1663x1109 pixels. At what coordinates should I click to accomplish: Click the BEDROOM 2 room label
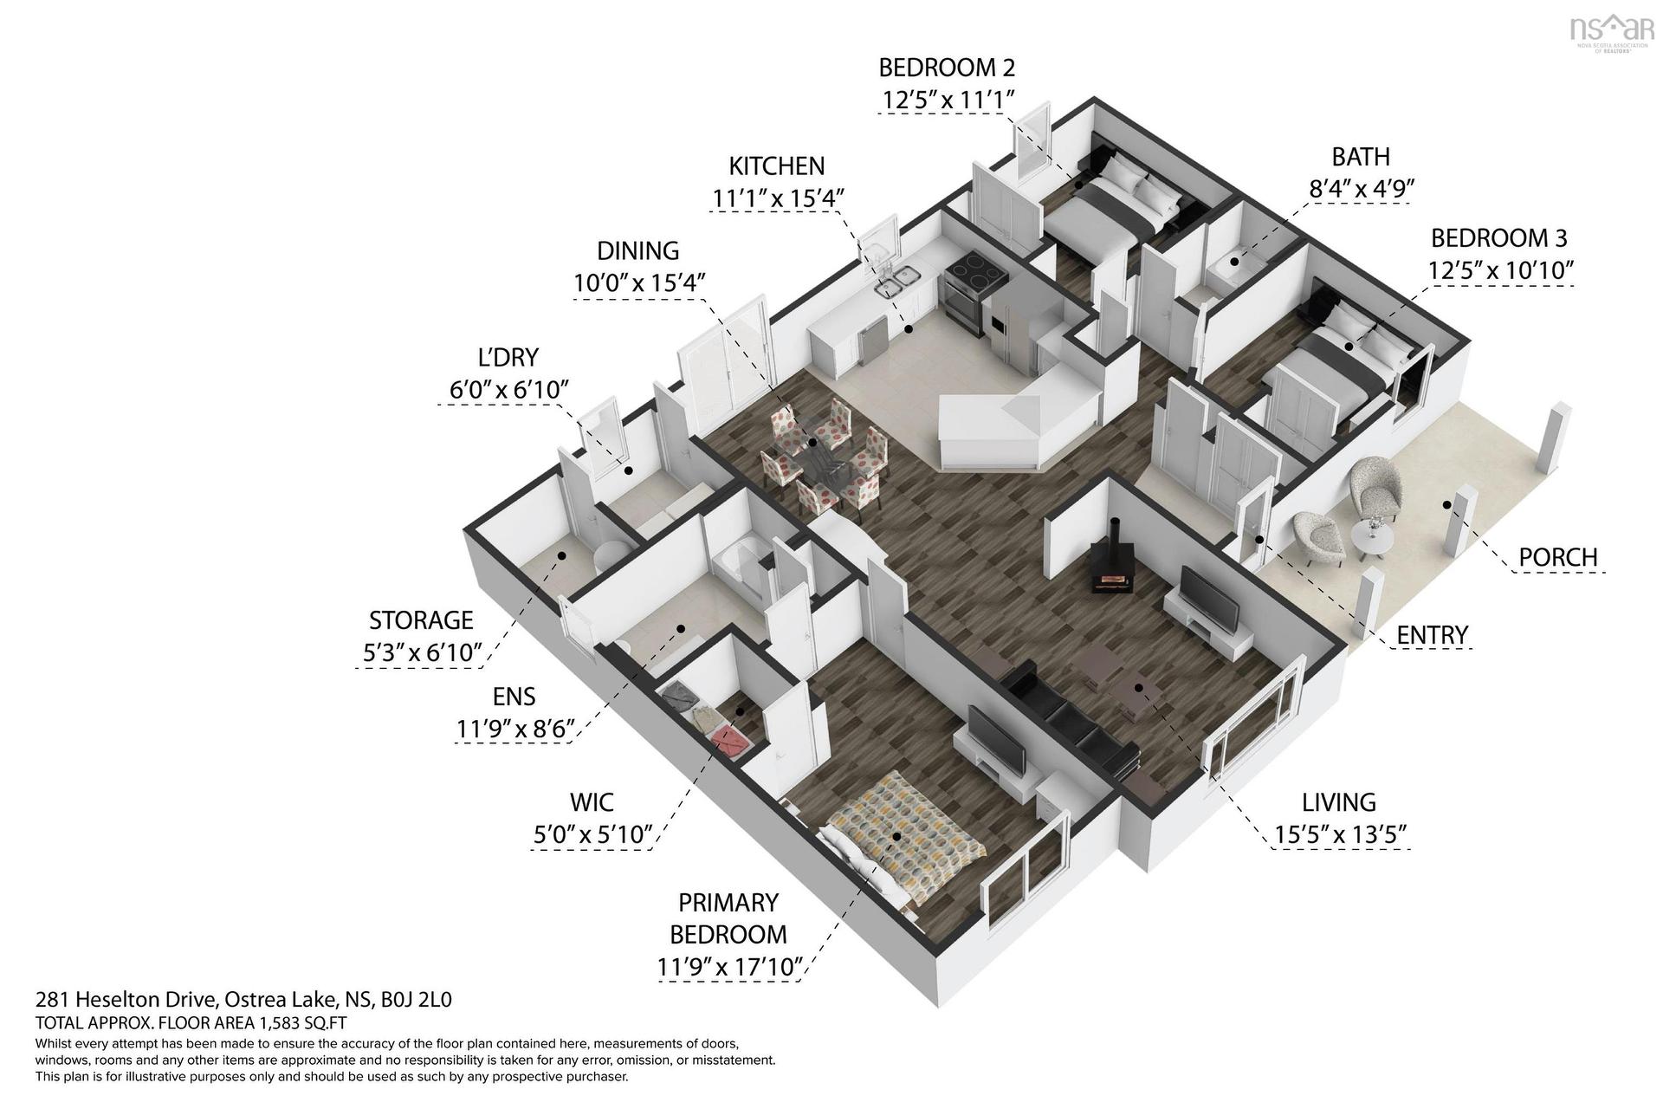pyautogui.click(x=947, y=67)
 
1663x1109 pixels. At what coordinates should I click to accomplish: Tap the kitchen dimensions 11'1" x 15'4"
pyautogui.click(x=777, y=198)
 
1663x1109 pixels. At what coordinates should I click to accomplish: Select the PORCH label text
pyautogui.click(x=1557, y=556)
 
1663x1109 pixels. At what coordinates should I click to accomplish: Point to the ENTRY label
pyautogui.click(x=1432, y=635)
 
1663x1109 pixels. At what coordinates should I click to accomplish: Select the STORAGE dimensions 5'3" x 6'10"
pyautogui.click(x=421, y=652)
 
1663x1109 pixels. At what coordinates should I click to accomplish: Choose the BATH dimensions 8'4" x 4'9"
pyautogui.click(x=1362, y=189)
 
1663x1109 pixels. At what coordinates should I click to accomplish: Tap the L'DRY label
pyautogui.click(x=508, y=356)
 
